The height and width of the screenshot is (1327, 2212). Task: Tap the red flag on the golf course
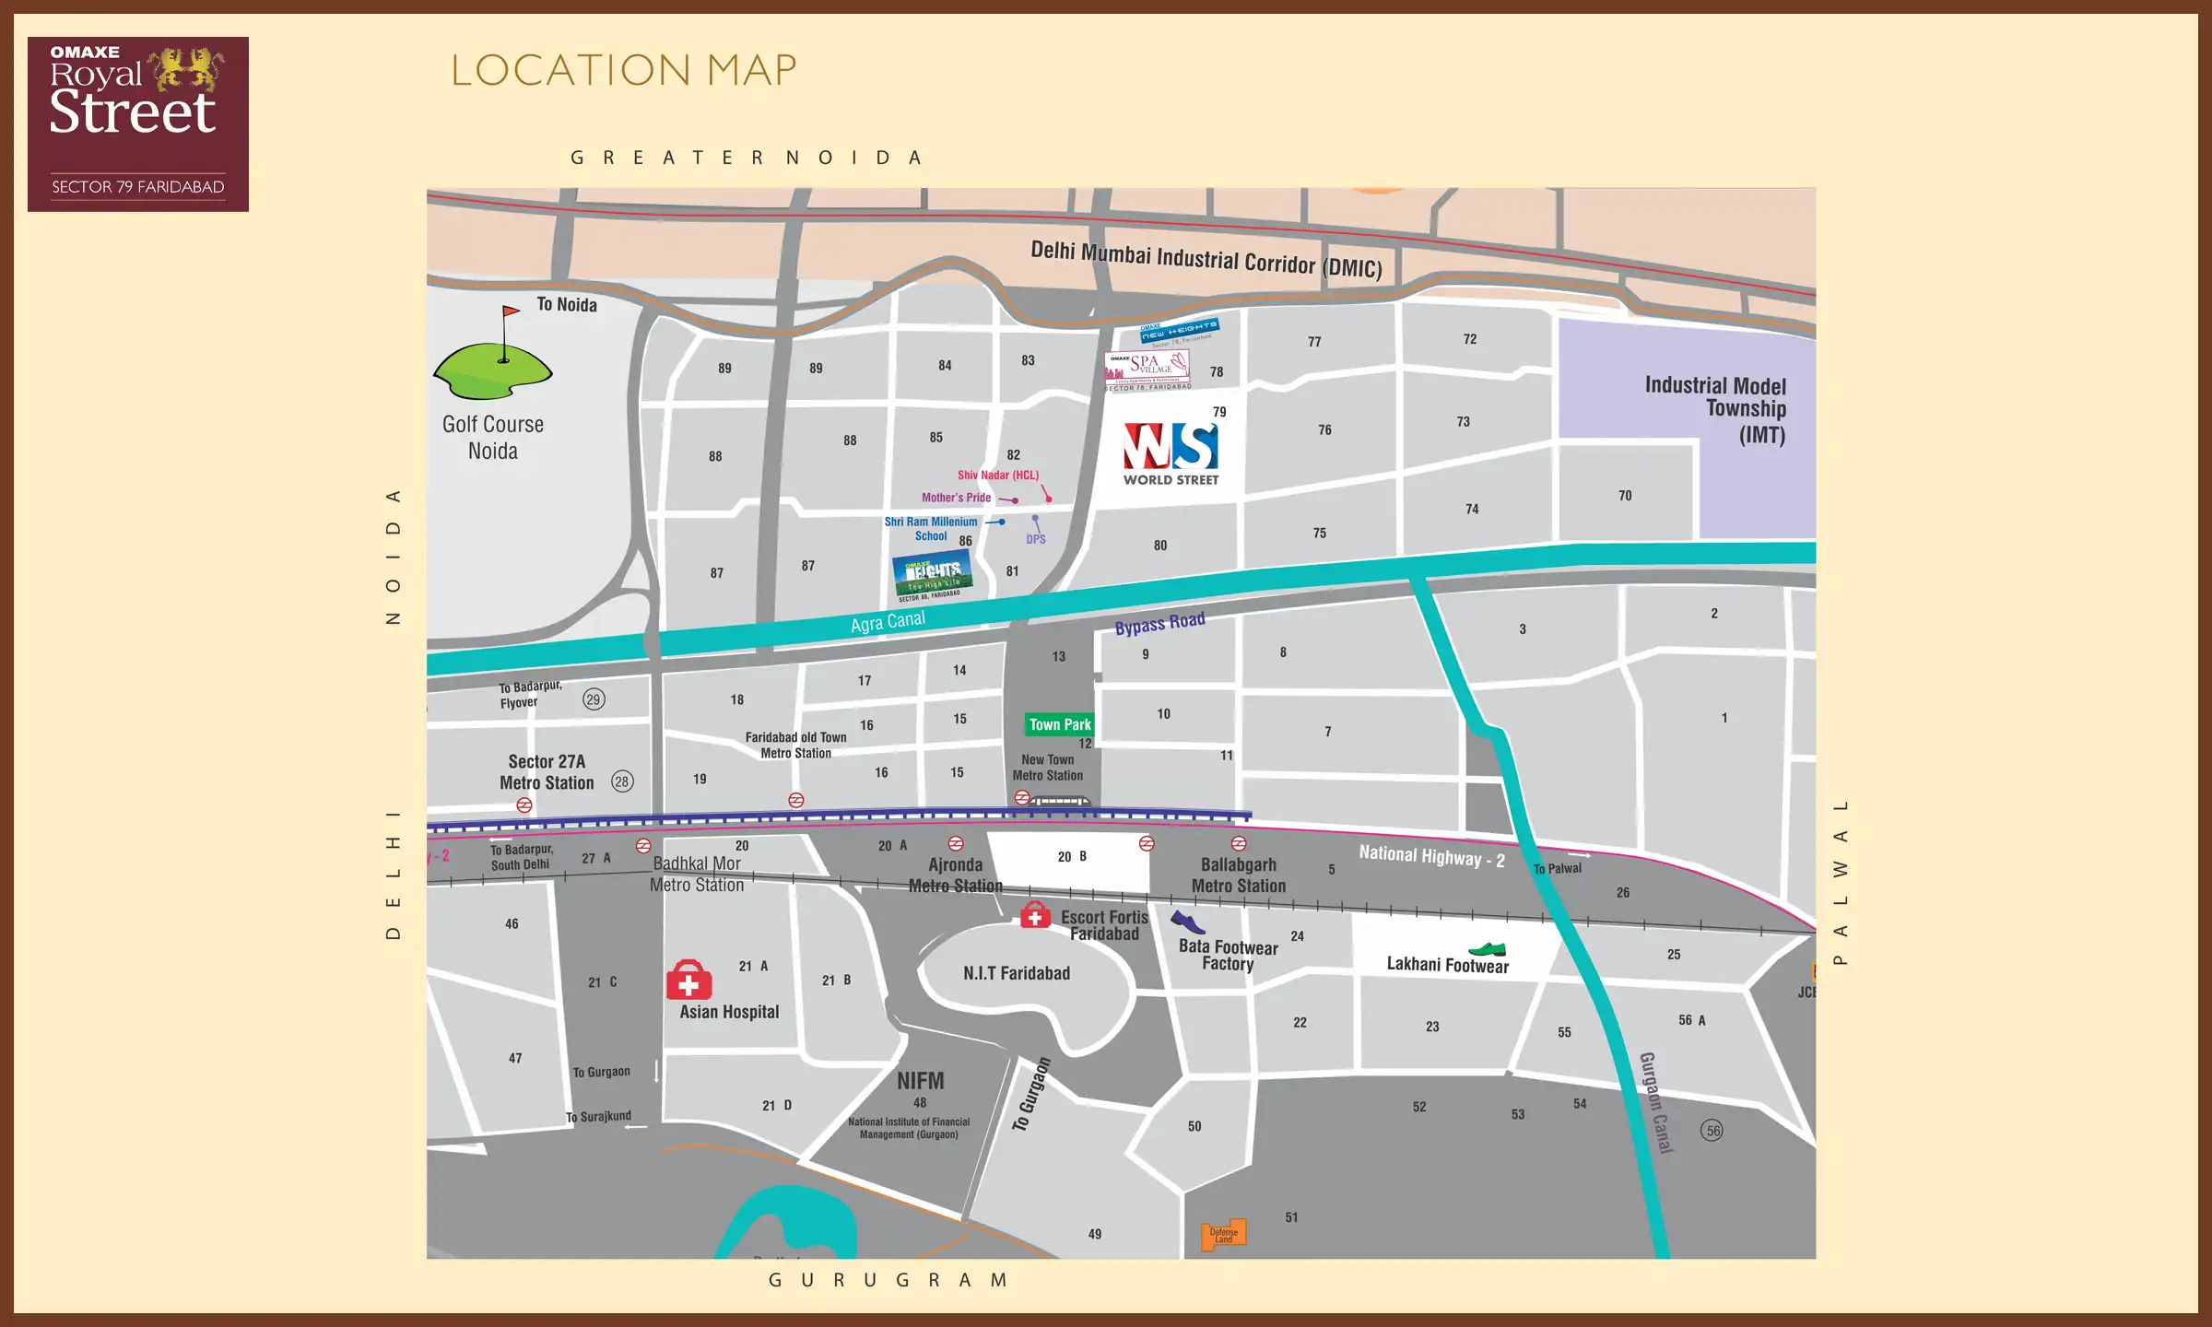pos(511,313)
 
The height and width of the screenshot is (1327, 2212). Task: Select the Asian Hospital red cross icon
pos(688,981)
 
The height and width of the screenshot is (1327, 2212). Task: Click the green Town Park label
pos(1060,724)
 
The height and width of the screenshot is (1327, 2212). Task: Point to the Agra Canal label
pos(888,622)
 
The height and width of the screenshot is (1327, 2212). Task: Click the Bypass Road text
pos(1159,624)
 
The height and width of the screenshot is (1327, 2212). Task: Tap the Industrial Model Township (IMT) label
pos(1716,409)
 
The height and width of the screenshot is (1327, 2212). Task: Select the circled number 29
pos(594,699)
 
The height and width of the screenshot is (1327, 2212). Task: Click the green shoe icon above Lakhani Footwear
pos(1487,949)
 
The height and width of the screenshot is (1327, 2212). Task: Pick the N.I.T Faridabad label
pos(1017,973)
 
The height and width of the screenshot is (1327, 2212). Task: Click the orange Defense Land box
pos(1223,1235)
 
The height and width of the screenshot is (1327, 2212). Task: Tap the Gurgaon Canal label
pos(1655,1102)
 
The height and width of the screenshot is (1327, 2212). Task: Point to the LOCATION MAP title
pos(623,70)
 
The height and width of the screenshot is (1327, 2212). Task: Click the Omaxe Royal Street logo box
pos(138,124)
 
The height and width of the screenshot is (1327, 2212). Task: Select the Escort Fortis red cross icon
pos(1035,915)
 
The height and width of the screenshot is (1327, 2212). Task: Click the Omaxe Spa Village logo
pos(1147,366)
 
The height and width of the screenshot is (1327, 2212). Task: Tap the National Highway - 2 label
pos(1431,856)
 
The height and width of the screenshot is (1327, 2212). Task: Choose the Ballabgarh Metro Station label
pos(1238,875)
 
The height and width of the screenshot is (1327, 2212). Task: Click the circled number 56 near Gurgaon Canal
pos(1712,1131)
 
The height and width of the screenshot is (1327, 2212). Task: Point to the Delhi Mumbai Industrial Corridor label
pos(1206,259)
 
